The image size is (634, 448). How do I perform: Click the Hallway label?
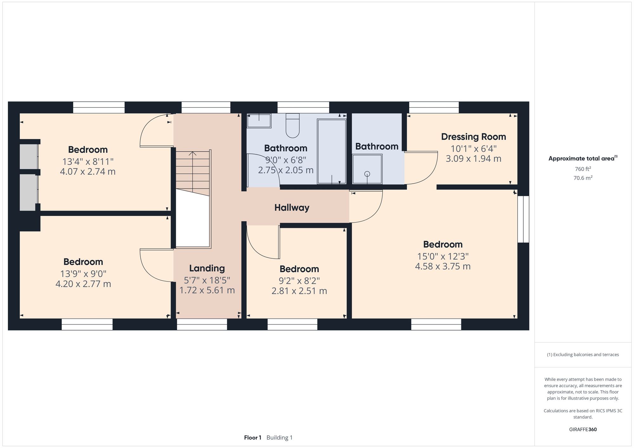pyautogui.click(x=292, y=208)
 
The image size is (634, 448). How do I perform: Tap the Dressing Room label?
pyautogui.click(x=473, y=137)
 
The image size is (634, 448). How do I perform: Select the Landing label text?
pyautogui.click(x=207, y=268)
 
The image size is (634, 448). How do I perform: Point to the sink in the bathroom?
pyautogui.click(x=259, y=121)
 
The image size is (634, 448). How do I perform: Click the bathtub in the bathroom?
pyautogui.click(x=332, y=151)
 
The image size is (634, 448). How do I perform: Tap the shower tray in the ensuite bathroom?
pyautogui.click(x=367, y=169)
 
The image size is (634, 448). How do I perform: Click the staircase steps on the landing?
pyautogui.click(x=193, y=171)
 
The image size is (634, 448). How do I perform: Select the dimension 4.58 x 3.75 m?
pyautogui.click(x=443, y=266)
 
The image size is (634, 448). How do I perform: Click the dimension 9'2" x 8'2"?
pyautogui.click(x=299, y=281)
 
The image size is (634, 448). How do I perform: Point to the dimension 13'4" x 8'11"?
pyautogui.click(x=88, y=161)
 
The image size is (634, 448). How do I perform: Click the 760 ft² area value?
pyautogui.click(x=583, y=169)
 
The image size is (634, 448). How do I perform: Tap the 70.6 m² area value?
pyautogui.click(x=583, y=178)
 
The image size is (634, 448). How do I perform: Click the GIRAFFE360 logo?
pyautogui.click(x=583, y=429)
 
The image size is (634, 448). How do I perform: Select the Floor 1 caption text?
pyautogui.click(x=253, y=438)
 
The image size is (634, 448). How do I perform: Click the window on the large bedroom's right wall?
pyautogui.click(x=523, y=219)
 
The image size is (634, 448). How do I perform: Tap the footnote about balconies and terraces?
pyautogui.click(x=583, y=355)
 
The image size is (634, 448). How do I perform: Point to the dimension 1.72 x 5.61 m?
pyautogui.click(x=207, y=290)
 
